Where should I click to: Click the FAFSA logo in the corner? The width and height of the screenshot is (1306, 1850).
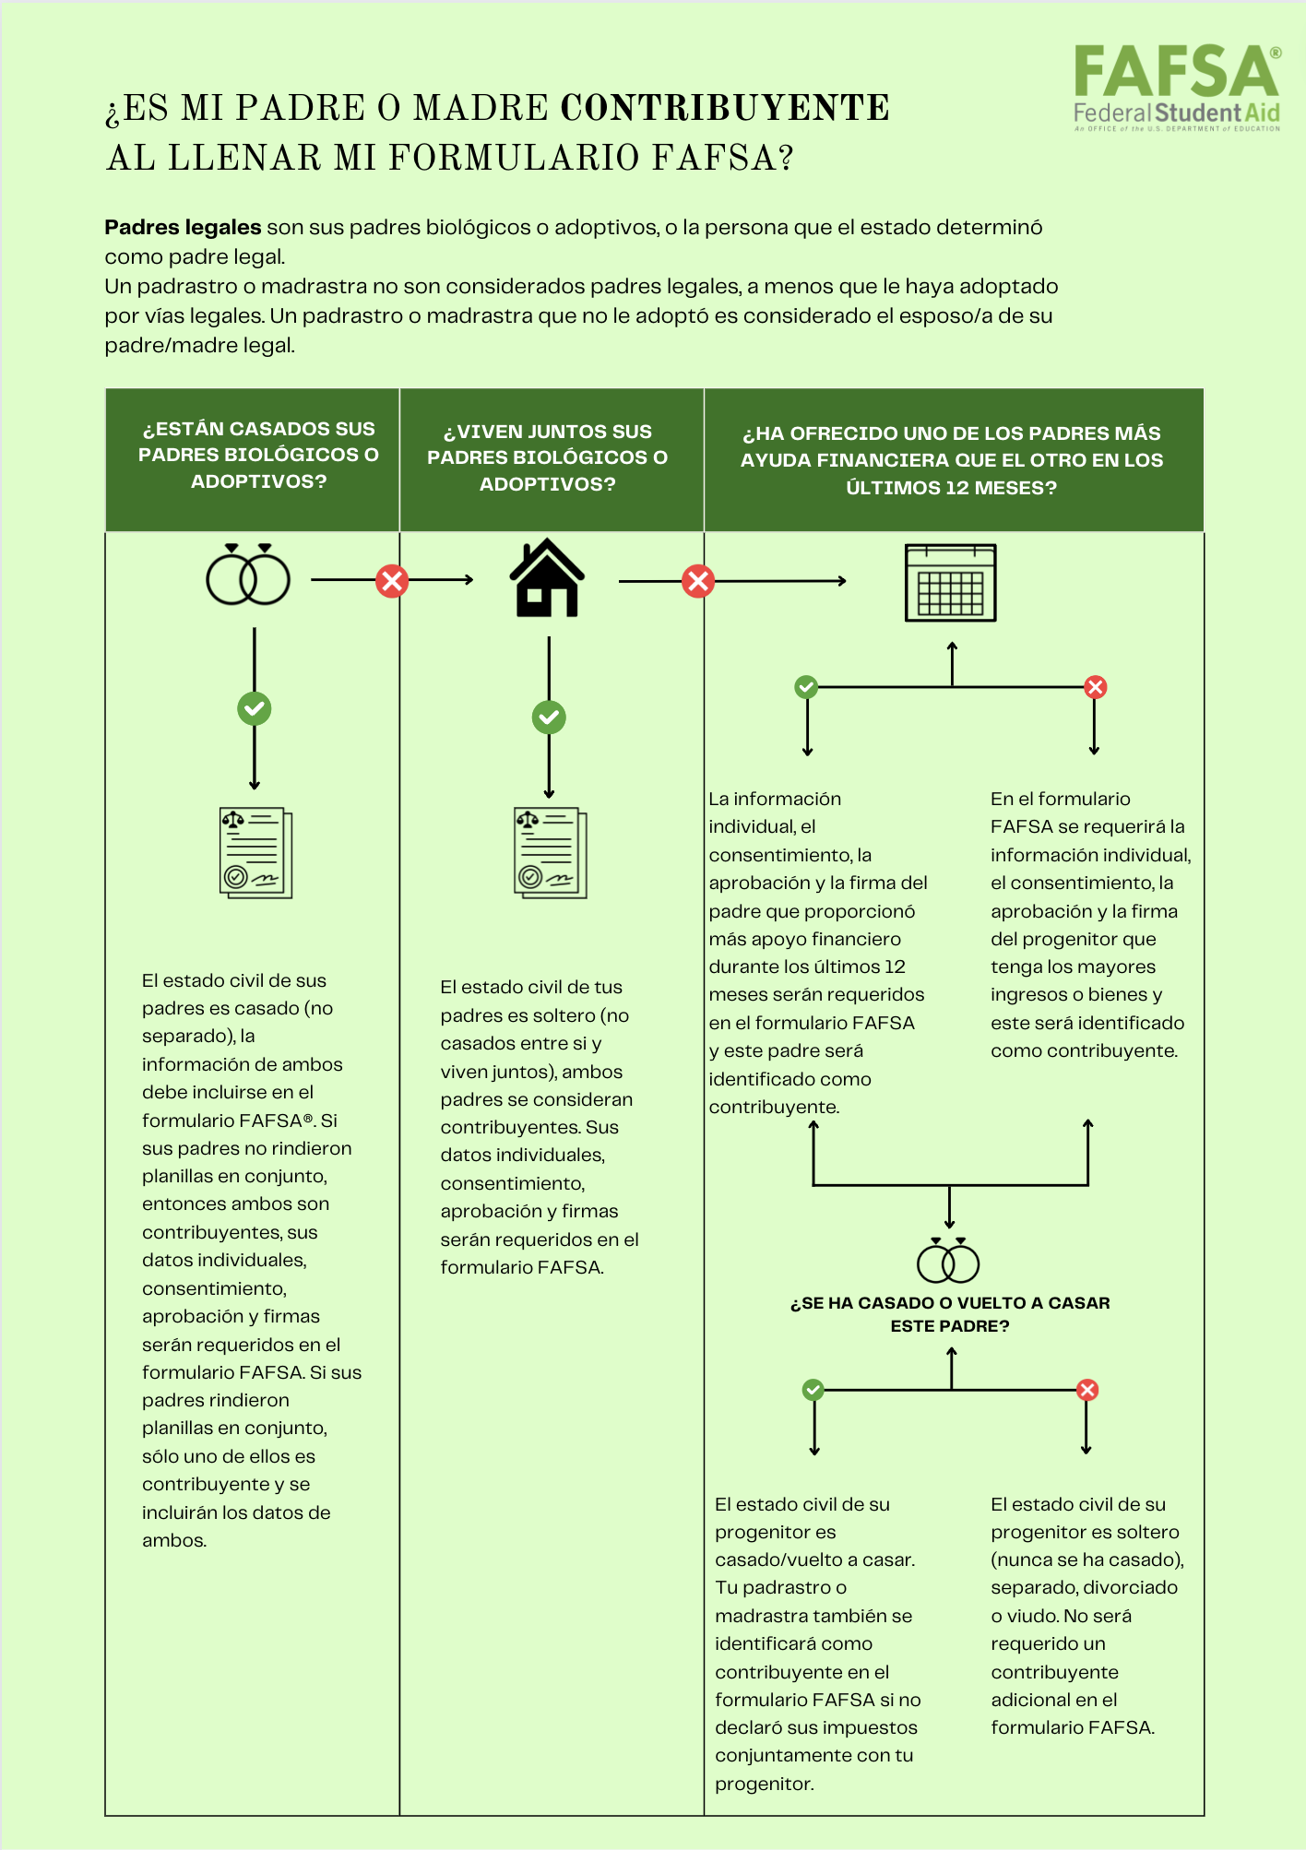click(1177, 88)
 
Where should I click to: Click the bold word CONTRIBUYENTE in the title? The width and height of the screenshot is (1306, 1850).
click(725, 108)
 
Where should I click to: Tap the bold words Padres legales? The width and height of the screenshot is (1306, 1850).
click(183, 227)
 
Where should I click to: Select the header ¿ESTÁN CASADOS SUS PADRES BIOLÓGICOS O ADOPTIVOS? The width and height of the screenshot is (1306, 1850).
click(258, 455)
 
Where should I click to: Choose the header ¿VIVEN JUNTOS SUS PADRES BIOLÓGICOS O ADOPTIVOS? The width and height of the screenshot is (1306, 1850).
click(547, 457)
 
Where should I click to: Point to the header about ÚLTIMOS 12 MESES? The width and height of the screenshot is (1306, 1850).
click(952, 460)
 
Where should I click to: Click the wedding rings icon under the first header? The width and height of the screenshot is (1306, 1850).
click(248, 575)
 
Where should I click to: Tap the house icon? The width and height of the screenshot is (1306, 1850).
click(547, 577)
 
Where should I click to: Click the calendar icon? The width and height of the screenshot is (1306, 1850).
click(951, 583)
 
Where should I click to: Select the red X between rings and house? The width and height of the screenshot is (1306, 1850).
click(392, 581)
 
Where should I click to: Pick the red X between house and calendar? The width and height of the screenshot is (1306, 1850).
click(698, 581)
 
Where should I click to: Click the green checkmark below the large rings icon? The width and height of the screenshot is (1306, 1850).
click(255, 708)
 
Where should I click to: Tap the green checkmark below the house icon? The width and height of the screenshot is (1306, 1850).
click(549, 717)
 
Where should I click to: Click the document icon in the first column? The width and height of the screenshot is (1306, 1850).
click(256, 853)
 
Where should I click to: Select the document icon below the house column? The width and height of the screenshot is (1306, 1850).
click(551, 853)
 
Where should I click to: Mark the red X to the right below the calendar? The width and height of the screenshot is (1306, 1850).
click(1095, 687)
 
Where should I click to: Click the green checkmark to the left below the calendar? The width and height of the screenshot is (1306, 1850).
click(806, 687)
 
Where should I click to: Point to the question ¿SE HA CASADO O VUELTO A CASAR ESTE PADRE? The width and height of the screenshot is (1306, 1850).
click(950, 1314)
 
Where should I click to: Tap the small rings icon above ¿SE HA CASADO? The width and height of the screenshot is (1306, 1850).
click(948, 1261)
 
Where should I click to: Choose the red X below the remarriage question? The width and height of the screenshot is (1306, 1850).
click(1087, 1390)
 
